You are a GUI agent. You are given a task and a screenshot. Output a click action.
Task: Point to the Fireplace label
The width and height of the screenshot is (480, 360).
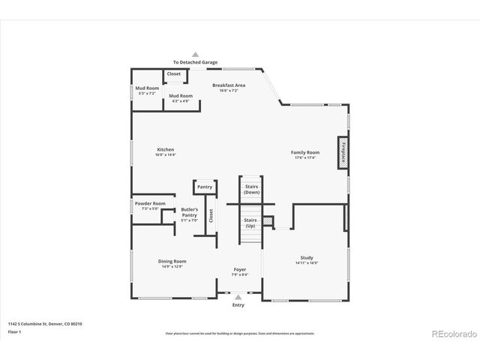[343, 151]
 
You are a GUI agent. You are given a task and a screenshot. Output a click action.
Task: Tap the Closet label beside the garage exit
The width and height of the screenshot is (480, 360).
[174, 74]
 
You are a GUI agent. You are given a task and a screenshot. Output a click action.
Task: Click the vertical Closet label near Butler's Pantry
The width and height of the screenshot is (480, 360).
[211, 216]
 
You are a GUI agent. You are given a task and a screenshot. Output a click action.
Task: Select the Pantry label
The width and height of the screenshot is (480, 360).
[205, 187]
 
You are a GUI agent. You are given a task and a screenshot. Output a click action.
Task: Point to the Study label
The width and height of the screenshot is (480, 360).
[306, 260]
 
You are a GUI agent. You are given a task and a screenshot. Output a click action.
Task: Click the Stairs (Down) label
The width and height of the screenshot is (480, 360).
[252, 189]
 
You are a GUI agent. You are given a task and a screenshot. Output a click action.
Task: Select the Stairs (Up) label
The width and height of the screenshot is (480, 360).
[250, 223]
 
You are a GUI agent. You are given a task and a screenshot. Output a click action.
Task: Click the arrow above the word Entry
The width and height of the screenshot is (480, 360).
[238, 297]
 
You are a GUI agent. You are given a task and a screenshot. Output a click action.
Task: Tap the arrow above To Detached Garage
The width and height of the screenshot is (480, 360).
[196, 55]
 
